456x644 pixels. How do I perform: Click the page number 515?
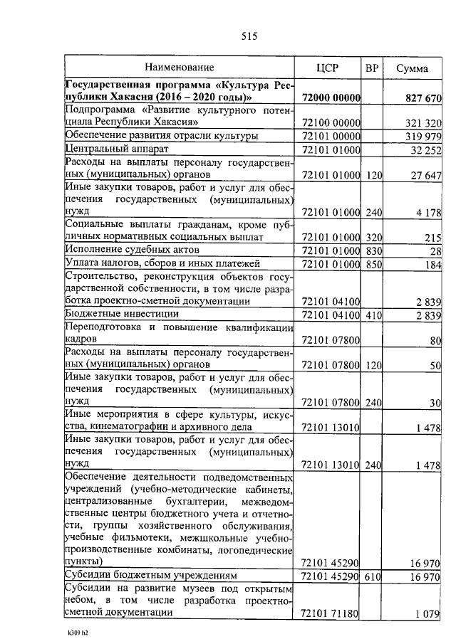click(x=249, y=36)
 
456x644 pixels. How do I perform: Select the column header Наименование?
click(x=180, y=68)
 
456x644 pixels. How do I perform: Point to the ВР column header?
click(x=371, y=68)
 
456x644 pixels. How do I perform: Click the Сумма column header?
click(x=412, y=68)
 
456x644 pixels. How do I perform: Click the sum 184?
click(x=433, y=264)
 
